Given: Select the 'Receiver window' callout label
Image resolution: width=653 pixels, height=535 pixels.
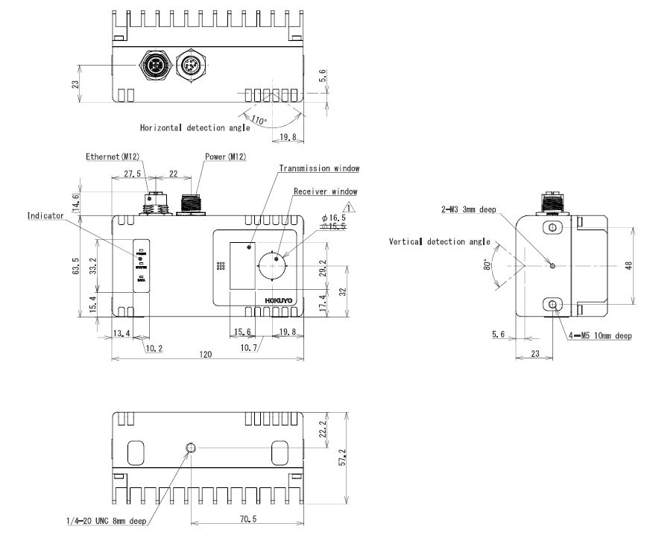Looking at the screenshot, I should [x=325, y=191].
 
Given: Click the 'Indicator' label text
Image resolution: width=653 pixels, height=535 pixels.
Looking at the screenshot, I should [x=45, y=216].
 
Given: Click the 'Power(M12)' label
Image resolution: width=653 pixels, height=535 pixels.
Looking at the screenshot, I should [x=225, y=157].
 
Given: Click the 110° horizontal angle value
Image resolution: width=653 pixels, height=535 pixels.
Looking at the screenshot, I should [x=258, y=119].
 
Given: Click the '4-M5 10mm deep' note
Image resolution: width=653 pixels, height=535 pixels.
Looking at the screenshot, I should [x=600, y=336].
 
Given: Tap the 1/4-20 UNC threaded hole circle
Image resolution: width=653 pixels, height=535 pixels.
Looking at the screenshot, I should [x=191, y=448].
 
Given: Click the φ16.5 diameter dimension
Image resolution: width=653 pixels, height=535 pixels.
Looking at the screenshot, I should [x=334, y=218].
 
